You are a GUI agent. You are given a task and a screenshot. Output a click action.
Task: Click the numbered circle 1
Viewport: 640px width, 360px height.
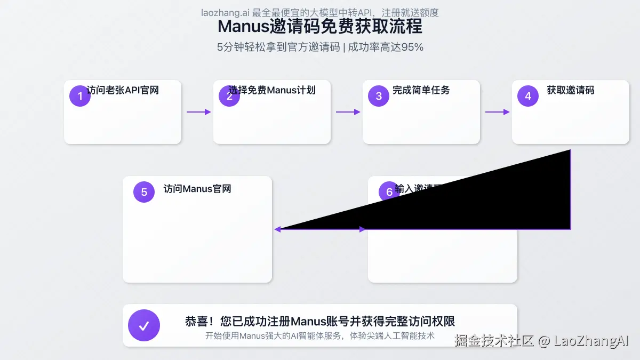click(80, 96)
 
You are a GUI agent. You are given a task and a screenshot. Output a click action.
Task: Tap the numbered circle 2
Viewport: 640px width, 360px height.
click(229, 97)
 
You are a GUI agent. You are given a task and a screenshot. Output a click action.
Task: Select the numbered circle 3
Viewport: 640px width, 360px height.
click(379, 96)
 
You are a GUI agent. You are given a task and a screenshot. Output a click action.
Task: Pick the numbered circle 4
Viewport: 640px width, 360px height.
click(528, 96)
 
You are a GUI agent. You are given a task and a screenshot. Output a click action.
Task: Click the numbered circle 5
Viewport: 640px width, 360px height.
click(144, 192)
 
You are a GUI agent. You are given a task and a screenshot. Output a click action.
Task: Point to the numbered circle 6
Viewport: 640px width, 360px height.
click(389, 191)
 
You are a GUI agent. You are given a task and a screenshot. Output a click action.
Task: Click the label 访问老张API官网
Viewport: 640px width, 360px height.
click(123, 90)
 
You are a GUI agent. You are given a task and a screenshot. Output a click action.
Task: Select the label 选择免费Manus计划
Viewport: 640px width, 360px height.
click(272, 90)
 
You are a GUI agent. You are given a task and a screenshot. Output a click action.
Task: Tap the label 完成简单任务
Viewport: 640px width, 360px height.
click(421, 90)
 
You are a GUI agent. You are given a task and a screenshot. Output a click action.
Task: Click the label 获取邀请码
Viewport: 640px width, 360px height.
click(571, 90)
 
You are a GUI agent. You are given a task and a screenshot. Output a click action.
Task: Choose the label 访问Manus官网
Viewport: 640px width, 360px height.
click(197, 189)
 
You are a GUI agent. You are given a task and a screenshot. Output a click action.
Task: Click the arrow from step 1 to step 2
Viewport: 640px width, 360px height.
click(198, 112)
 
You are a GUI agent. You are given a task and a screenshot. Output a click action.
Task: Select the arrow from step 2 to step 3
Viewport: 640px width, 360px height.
click(348, 112)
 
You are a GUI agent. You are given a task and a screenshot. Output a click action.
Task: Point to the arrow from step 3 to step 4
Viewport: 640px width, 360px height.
click(497, 112)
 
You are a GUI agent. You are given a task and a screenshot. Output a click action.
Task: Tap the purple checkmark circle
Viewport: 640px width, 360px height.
click(144, 325)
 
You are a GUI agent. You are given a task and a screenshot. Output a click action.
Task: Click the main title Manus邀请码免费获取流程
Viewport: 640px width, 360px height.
click(320, 26)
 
